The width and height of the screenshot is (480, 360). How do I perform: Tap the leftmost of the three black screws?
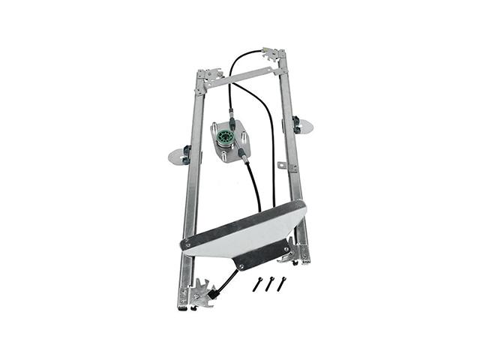pos(256,285)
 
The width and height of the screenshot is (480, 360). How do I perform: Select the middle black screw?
pos(269,283)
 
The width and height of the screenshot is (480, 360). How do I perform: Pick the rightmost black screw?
pos(282,283)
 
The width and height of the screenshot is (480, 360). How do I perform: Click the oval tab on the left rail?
pos(178,156)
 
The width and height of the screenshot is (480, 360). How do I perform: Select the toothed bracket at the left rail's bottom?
pos(201,292)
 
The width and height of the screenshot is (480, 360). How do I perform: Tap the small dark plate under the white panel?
pos(262,254)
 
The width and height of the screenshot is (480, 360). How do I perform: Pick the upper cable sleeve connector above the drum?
pos(232,120)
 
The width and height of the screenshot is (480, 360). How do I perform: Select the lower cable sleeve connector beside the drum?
pos(244,156)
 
